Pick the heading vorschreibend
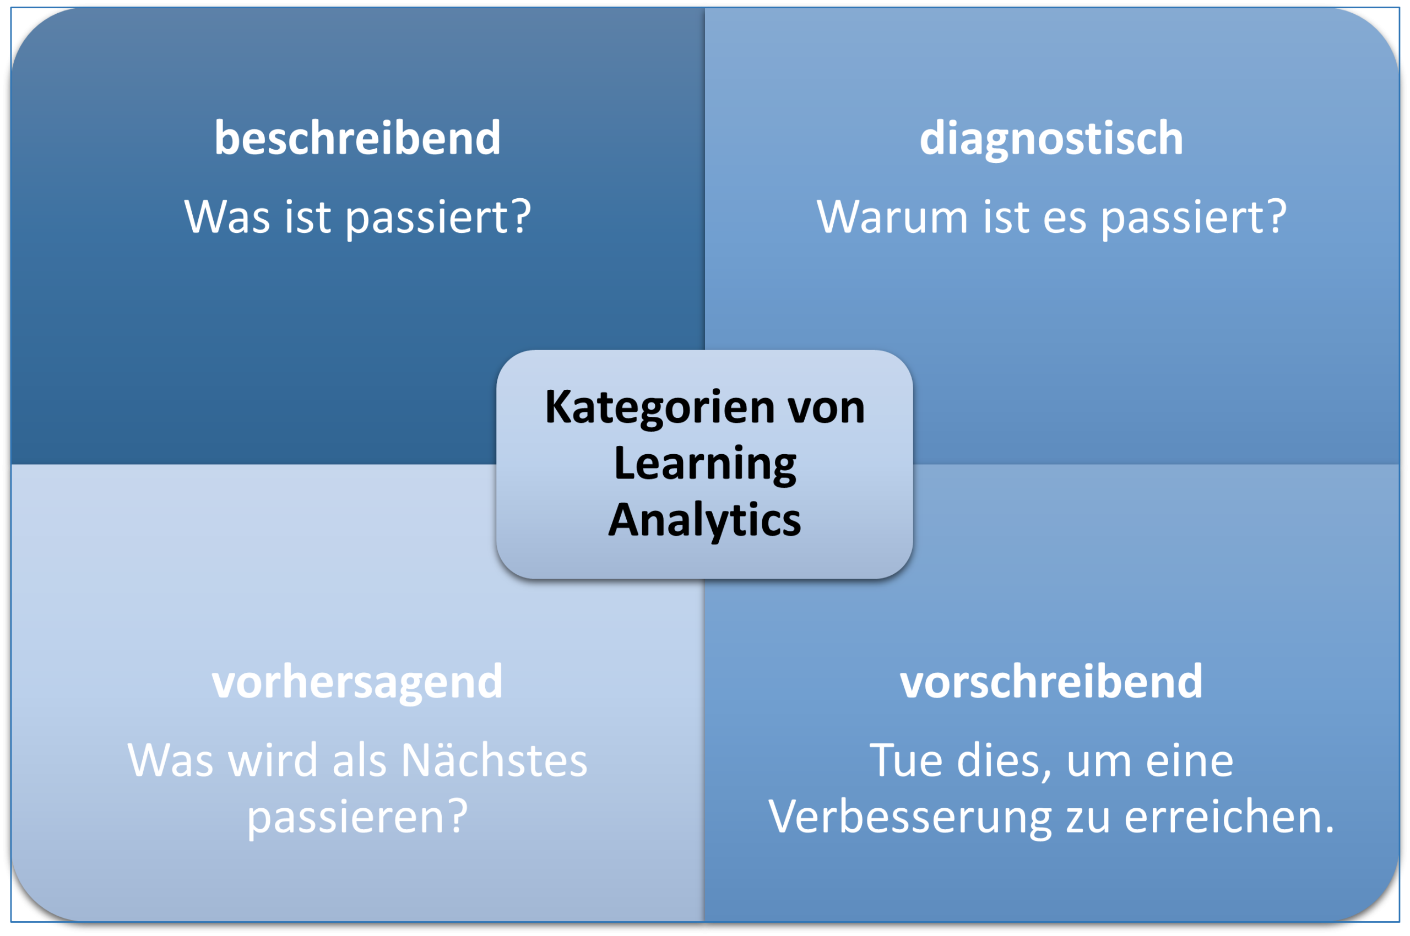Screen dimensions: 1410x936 (x=1051, y=681)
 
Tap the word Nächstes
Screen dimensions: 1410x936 (x=495, y=761)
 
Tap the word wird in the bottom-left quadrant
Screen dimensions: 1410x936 (x=273, y=761)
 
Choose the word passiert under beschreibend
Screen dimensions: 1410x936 (x=427, y=218)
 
